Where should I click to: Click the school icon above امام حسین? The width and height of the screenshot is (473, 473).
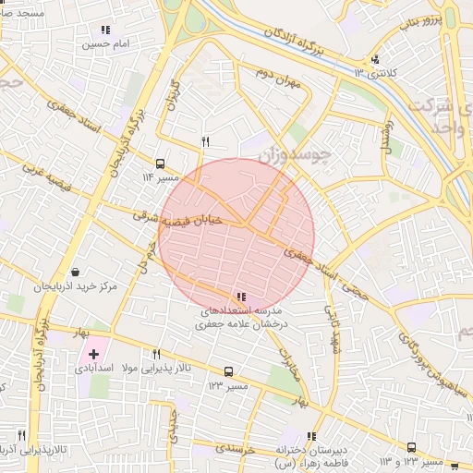pyautogui.click(x=105, y=30)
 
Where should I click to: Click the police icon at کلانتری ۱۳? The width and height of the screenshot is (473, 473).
pyautogui.click(x=374, y=60)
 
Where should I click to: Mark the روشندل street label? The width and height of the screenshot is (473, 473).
pyautogui.click(x=386, y=135)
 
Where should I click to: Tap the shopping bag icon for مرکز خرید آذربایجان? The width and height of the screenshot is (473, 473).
pyautogui.click(x=74, y=273)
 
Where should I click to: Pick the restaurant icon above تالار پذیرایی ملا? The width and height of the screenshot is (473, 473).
pyautogui.click(x=157, y=354)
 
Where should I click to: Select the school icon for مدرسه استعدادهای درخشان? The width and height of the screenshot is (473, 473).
pyautogui.click(x=241, y=297)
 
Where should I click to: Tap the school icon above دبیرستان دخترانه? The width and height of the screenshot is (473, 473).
pyautogui.click(x=311, y=436)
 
